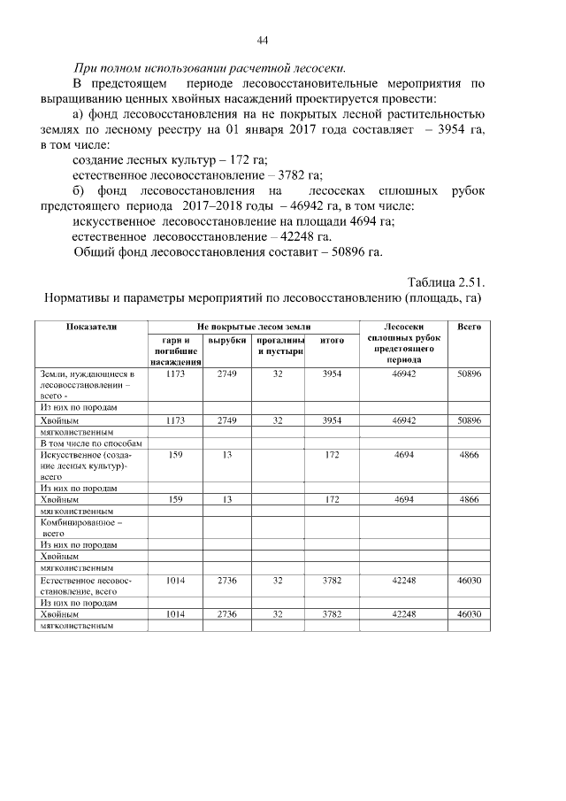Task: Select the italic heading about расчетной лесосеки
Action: click(210, 69)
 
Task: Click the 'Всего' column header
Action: click(469, 327)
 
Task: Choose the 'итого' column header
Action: click(332, 341)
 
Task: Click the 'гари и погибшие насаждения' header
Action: click(174, 351)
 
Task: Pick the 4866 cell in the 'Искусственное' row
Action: click(469, 455)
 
